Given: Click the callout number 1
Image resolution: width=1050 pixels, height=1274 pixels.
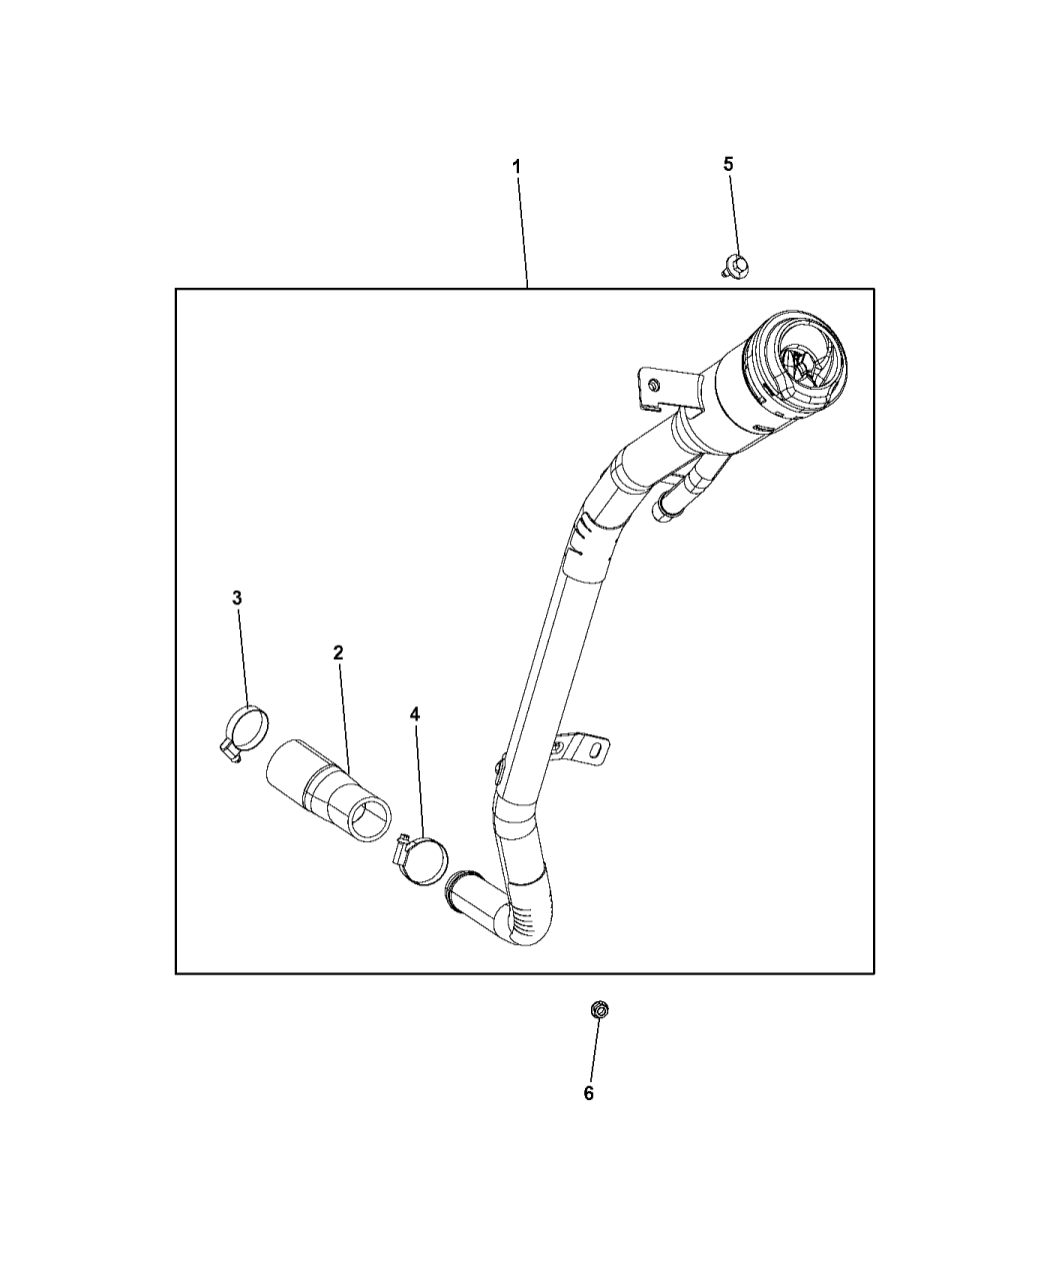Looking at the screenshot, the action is coord(516,167).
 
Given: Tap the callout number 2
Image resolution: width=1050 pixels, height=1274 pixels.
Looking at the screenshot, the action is coord(338,653).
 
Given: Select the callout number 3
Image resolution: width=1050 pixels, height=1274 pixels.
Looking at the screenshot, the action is coord(237,599).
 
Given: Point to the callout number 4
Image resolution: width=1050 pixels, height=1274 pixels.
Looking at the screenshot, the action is coord(415,714).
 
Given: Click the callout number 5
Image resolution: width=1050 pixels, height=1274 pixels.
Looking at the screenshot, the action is coord(728,164).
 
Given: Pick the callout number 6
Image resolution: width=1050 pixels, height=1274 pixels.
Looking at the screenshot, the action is coord(588,1094).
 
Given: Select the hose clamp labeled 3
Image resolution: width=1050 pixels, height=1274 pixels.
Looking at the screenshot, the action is coord(244,732).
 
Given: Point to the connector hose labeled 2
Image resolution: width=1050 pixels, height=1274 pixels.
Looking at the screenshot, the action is coord(329,790).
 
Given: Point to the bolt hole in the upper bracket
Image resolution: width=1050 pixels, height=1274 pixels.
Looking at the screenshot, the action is coord(654,385).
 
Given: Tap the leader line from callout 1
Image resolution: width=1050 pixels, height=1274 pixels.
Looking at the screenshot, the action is coord(523,231).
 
